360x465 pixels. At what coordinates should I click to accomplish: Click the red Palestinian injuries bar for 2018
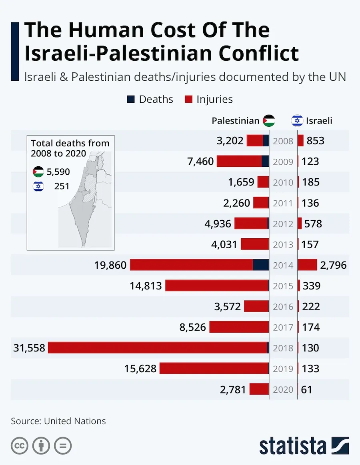click(158, 348)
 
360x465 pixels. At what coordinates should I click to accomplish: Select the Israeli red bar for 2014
click(307, 265)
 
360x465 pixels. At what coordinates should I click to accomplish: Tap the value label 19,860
click(110, 265)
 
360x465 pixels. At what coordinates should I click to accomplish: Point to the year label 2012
click(283, 224)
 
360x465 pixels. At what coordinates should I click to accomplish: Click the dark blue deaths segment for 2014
click(261, 265)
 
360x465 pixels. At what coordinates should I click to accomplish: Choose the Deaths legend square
click(131, 100)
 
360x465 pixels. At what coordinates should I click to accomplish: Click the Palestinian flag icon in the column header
click(269, 121)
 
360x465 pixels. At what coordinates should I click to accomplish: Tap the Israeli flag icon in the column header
click(297, 121)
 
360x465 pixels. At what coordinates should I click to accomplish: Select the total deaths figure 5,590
click(58, 172)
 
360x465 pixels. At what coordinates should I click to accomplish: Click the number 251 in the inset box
click(62, 186)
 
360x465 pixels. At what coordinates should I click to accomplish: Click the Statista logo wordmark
click(292, 446)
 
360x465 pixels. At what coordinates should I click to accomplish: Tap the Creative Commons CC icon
click(20, 446)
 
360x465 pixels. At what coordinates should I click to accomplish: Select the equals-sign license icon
click(62, 446)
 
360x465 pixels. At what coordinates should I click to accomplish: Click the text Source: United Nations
click(58, 421)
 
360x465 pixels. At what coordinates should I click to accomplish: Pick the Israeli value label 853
click(316, 141)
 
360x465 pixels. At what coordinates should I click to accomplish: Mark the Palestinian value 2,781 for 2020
click(233, 389)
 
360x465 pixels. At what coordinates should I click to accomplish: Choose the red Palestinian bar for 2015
click(216, 285)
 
